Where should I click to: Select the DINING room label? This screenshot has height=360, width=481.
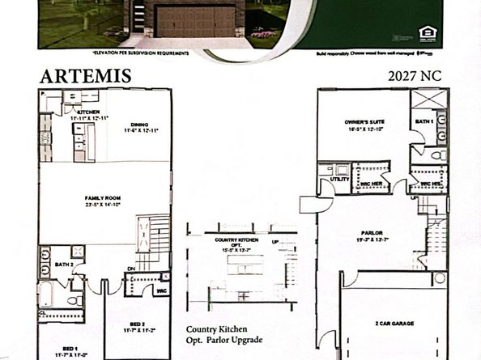pos(139,125)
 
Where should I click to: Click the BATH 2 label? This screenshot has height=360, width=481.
pos(65,264)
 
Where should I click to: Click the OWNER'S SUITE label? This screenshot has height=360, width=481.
pos(362,123)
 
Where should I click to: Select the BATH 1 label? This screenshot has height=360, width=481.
pos(426,121)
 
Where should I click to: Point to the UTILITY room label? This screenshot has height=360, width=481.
pos(341,179)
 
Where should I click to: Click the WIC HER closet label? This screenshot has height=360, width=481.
pos(372,184)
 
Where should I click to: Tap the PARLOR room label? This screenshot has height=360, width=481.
pos(373,235)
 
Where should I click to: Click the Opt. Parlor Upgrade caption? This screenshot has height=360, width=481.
pos(223,341)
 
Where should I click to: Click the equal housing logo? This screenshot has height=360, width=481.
pos(426,33)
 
